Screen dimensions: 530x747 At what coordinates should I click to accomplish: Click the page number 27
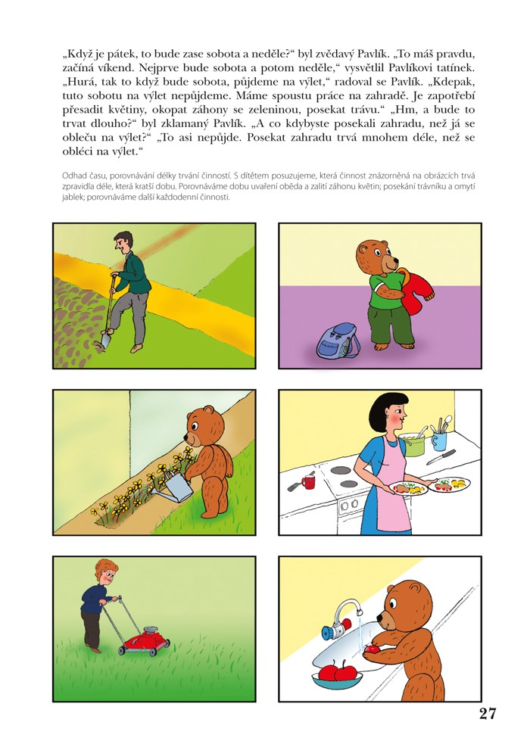tap(487, 714)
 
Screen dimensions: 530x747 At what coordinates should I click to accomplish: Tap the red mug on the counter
tap(308, 481)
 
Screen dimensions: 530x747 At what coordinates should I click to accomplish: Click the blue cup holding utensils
tap(439, 440)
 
